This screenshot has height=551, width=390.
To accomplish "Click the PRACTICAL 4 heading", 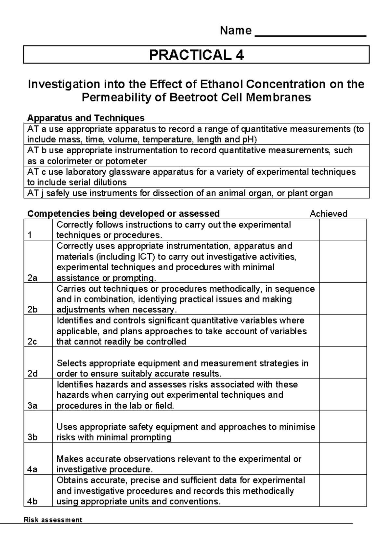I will (x=196, y=55).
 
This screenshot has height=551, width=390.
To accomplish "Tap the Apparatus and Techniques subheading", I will (x=86, y=118).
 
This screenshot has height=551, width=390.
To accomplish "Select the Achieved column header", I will (x=328, y=214).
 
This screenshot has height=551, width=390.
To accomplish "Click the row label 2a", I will (x=32, y=278).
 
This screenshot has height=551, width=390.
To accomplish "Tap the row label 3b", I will (x=32, y=437).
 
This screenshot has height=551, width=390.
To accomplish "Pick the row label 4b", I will (x=32, y=501).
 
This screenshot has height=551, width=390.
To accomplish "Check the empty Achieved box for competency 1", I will (x=343, y=230).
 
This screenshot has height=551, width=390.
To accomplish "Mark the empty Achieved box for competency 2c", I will (x=343, y=331).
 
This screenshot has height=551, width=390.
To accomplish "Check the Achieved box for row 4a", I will (x=343, y=458).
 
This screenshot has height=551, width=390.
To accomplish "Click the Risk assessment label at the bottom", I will (x=53, y=520).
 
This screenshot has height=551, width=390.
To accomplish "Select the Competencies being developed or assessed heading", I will (x=123, y=214).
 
